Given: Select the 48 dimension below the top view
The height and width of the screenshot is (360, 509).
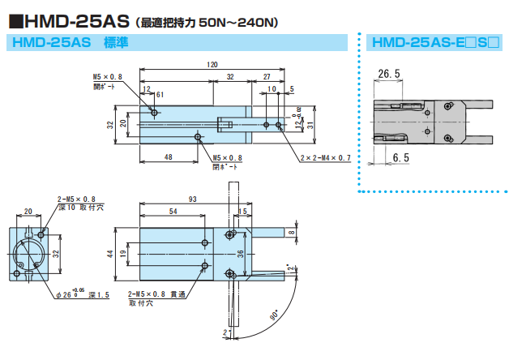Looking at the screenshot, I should [x=169, y=156].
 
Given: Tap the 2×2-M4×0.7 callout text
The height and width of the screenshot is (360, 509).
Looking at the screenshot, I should [x=325, y=158].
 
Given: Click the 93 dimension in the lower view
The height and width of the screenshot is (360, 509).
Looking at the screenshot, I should [x=192, y=199].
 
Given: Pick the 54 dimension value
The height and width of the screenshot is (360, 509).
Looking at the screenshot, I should [x=172, y=212].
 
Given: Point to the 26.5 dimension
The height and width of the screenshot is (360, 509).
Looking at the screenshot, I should [x=389, y=74].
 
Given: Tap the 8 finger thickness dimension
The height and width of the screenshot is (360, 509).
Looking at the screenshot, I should [x=293, y=233].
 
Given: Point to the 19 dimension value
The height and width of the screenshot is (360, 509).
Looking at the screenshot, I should [x=124, y=254].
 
